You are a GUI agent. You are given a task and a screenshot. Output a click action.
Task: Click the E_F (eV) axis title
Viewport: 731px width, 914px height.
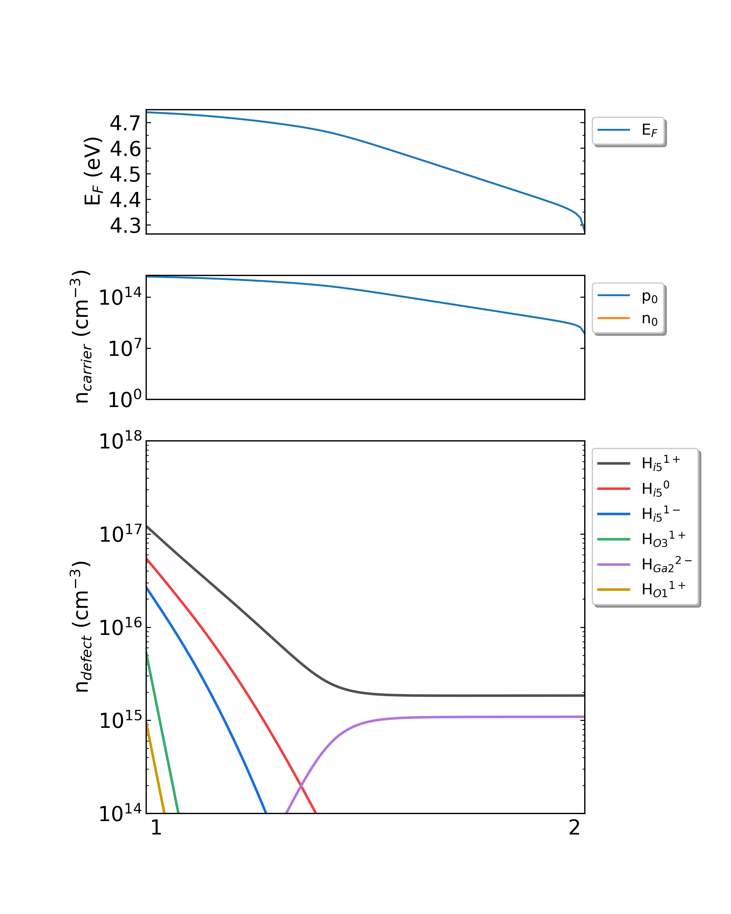coord(92,171)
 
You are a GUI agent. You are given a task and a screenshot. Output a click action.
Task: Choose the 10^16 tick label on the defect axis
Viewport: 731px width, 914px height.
coord(120,627)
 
